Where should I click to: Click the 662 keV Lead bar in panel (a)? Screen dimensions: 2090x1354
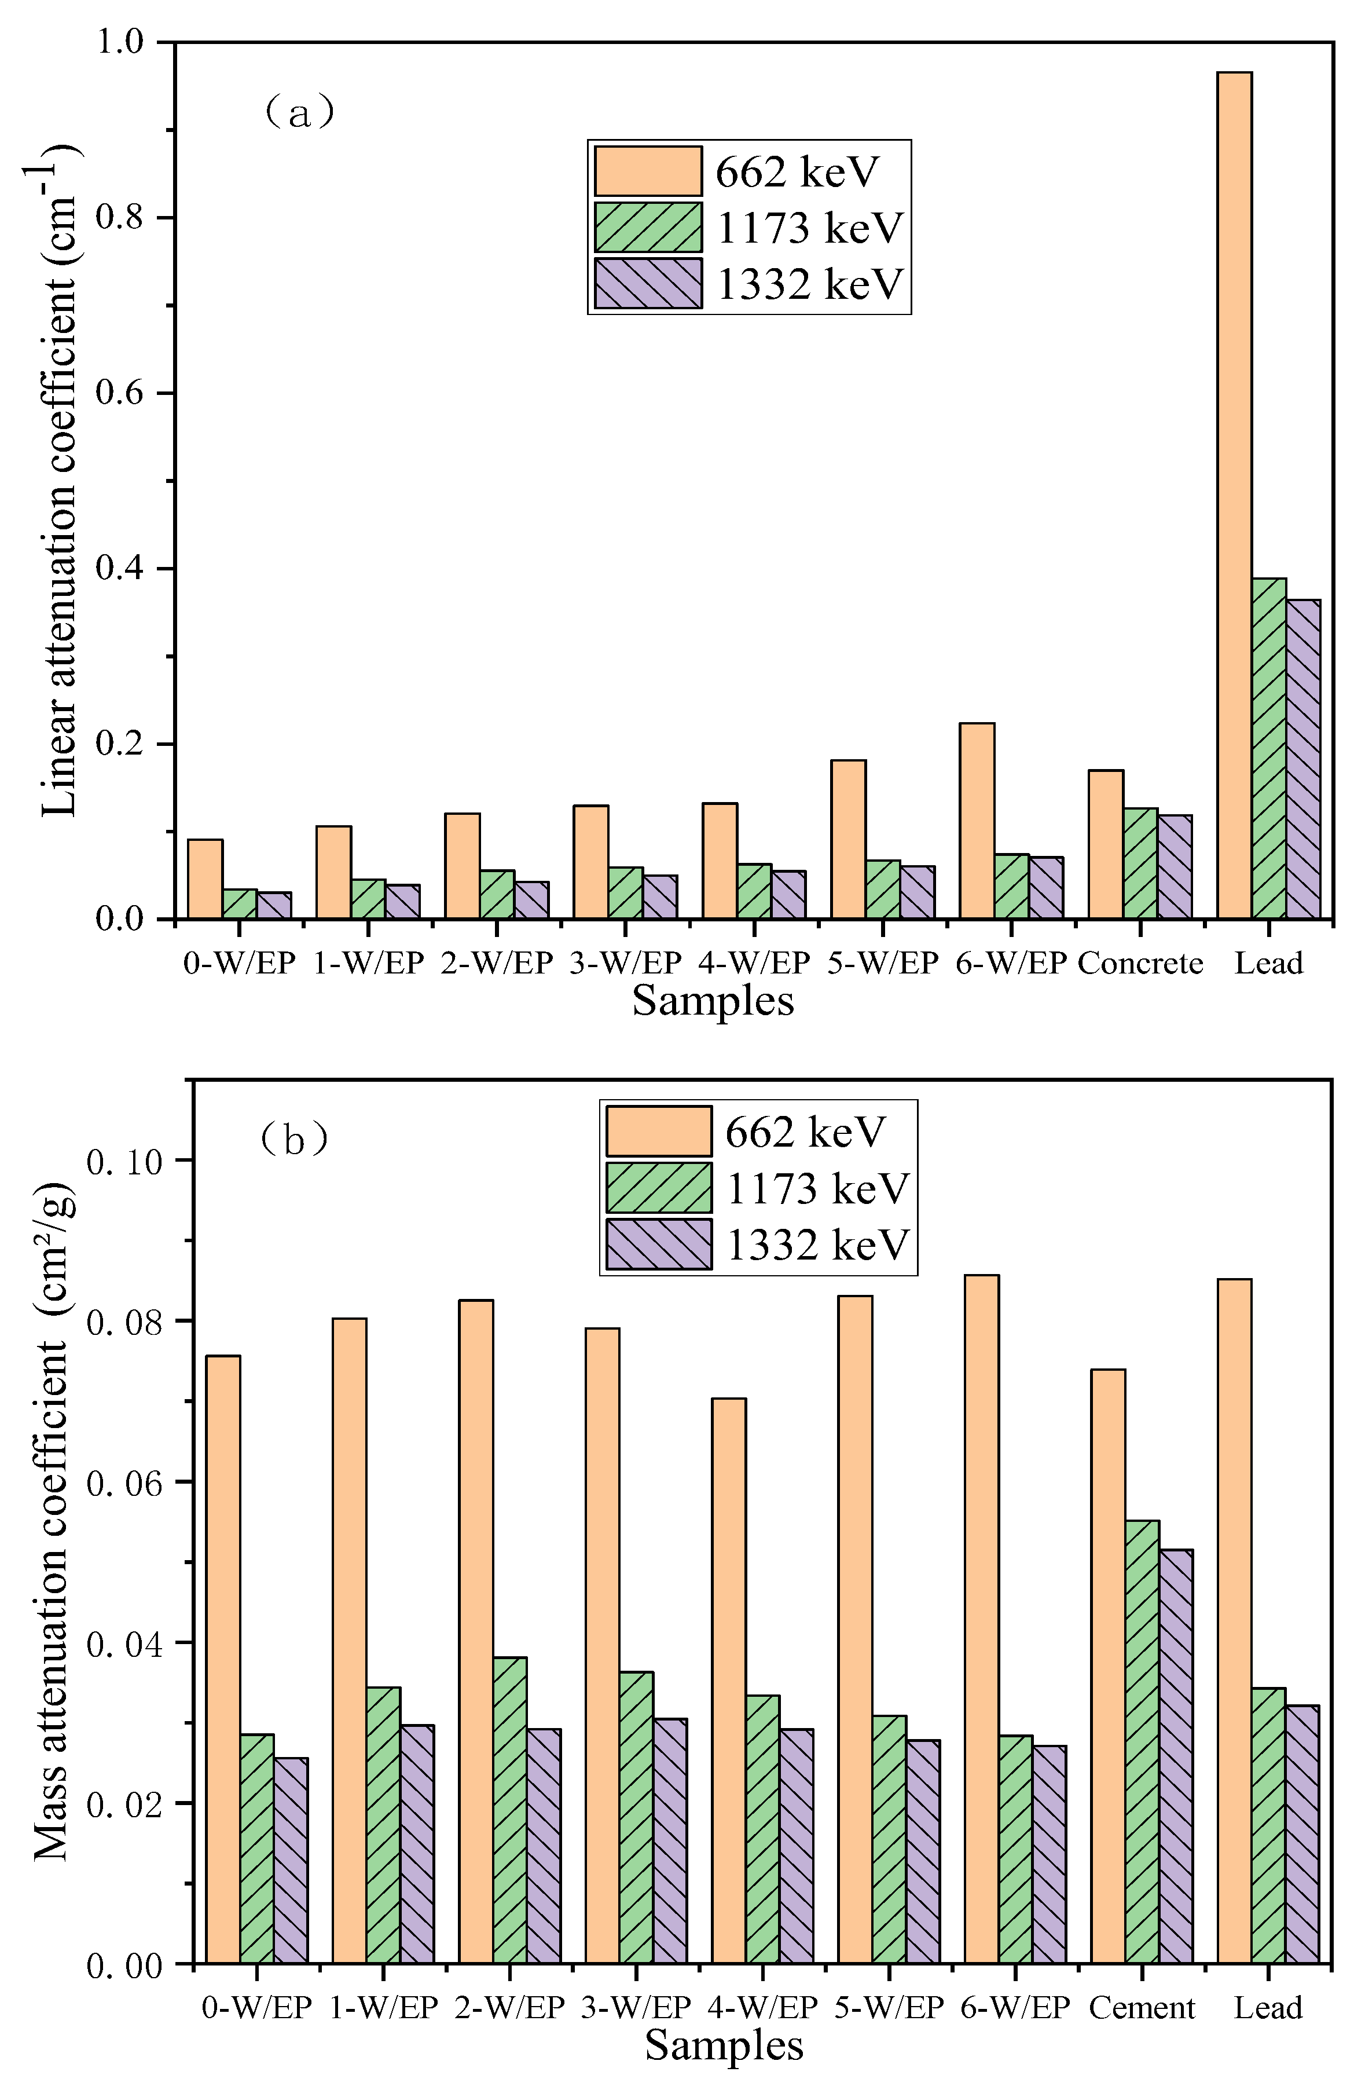point(1234,496)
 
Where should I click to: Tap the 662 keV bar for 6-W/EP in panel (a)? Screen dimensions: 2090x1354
point(977,821)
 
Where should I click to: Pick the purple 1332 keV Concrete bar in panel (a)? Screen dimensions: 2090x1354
point(1174,867)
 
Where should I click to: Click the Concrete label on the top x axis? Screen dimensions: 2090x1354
point(1140,963)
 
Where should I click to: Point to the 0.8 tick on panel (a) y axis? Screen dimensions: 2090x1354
point(119,218)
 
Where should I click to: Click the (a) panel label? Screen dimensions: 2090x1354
point(299,112)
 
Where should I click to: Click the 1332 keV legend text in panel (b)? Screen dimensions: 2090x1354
point(817,1245)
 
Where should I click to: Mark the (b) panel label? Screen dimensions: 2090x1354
point(294,1140)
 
